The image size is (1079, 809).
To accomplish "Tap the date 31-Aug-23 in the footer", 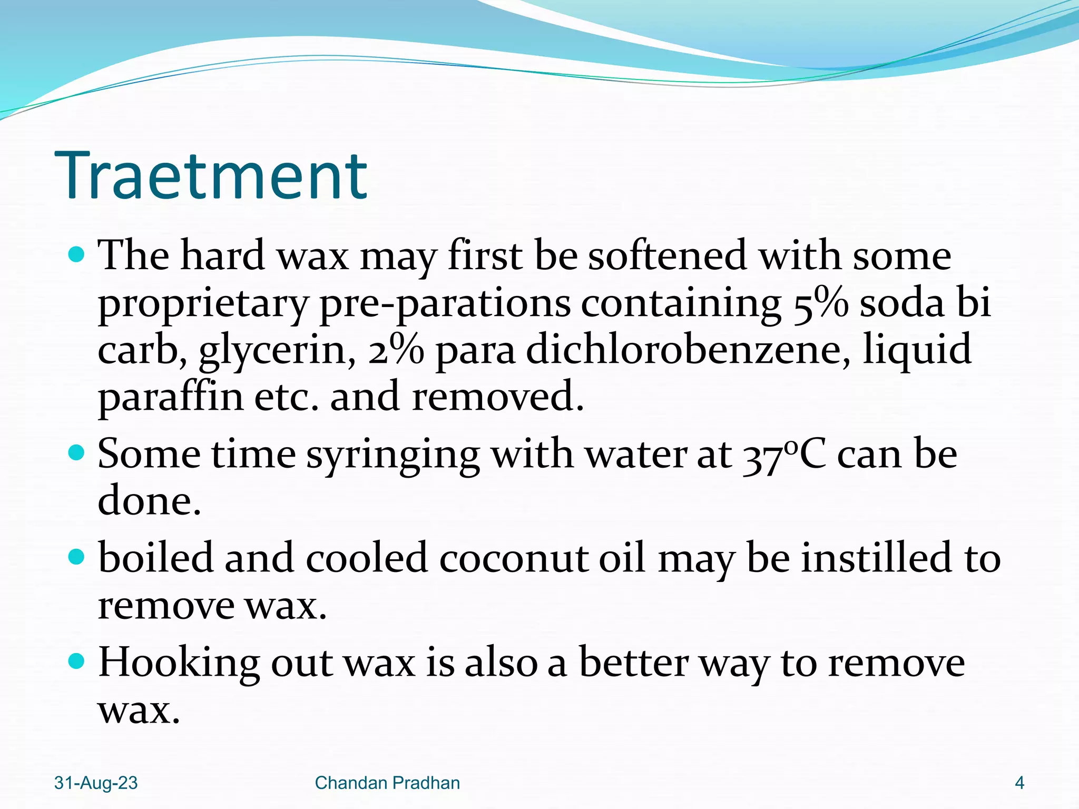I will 96,783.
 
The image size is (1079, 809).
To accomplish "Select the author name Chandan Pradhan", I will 387,783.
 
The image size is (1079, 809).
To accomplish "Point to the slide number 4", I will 1019,783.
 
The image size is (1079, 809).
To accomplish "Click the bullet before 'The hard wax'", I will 77,255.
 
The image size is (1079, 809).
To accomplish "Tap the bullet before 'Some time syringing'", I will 77,452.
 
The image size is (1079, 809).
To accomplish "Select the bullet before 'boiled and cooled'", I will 77,557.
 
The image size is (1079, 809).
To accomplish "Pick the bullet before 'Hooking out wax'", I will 77,661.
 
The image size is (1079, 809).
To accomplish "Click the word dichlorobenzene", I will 688,350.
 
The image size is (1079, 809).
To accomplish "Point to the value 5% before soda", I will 821,303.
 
